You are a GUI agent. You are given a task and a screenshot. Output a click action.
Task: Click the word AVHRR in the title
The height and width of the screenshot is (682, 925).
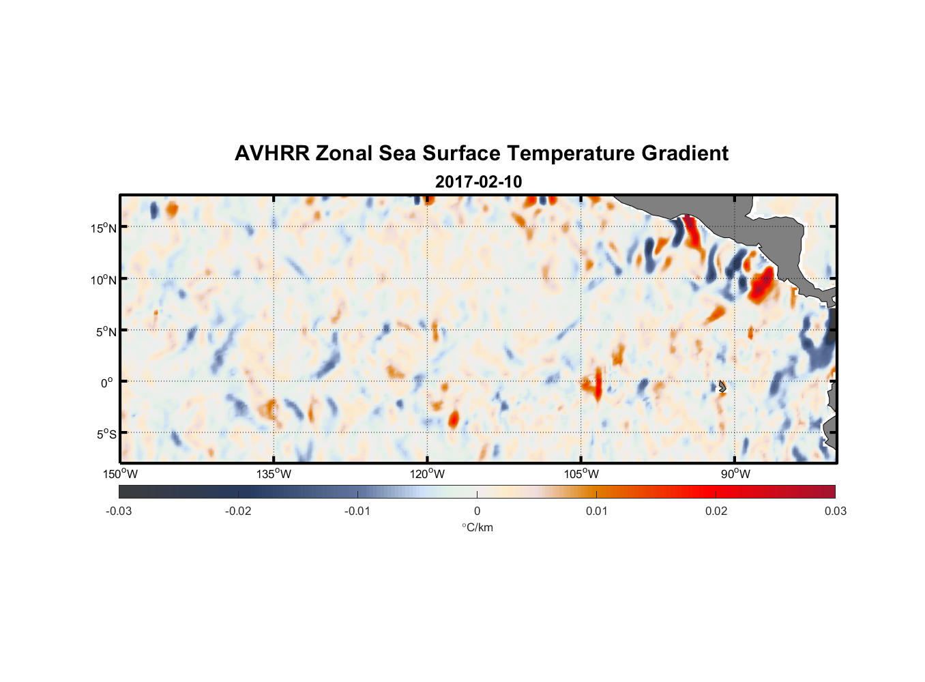[x=271, y=153]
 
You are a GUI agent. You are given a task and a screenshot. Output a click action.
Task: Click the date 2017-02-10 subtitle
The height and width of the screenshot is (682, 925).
[x=478, y=182]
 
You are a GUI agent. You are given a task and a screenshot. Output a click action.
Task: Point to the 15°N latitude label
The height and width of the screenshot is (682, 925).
[x=104, y=228]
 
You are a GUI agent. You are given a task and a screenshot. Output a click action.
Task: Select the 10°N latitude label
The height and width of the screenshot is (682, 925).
[x=104, y=280]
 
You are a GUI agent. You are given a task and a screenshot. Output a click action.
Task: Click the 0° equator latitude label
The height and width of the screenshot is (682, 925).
[x=107, y=383]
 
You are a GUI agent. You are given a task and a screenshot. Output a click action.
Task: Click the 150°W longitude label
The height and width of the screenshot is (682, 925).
[x=120, y=474]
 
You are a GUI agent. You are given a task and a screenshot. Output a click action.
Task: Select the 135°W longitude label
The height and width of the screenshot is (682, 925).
[x=274, y=474]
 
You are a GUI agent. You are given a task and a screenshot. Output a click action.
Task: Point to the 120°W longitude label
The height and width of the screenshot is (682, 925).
[x=427, y=474]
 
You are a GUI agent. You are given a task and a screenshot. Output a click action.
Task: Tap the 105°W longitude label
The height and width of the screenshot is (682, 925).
[x=581, y=474]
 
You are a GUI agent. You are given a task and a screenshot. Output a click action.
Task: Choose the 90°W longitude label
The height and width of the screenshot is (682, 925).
[x=735, y=474]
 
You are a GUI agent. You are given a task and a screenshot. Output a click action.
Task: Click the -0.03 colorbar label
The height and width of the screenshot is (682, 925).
[x=119, y=512]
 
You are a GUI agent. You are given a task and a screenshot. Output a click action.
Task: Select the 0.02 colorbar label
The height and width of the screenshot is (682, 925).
[x=716, y=512]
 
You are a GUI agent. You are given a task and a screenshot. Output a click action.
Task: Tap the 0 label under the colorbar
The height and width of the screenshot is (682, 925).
[x=477, y=512]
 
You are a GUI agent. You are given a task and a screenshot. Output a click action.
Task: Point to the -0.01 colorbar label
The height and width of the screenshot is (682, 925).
[x=357, y=512]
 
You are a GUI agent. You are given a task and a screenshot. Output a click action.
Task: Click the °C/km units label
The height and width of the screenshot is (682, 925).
[x=477, y=527]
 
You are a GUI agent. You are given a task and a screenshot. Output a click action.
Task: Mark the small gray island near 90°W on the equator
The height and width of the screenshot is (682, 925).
[x=722, y=386]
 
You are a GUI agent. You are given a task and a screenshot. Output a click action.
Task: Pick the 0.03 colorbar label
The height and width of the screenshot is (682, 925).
[x=835, y=512]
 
